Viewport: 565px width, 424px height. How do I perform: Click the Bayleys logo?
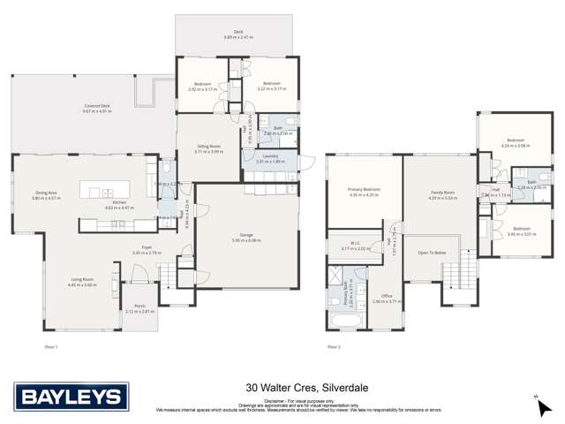60,395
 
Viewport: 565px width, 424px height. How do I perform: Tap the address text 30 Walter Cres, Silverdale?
282,386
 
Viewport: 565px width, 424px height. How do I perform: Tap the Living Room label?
83,280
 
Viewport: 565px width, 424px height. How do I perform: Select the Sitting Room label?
208,148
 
